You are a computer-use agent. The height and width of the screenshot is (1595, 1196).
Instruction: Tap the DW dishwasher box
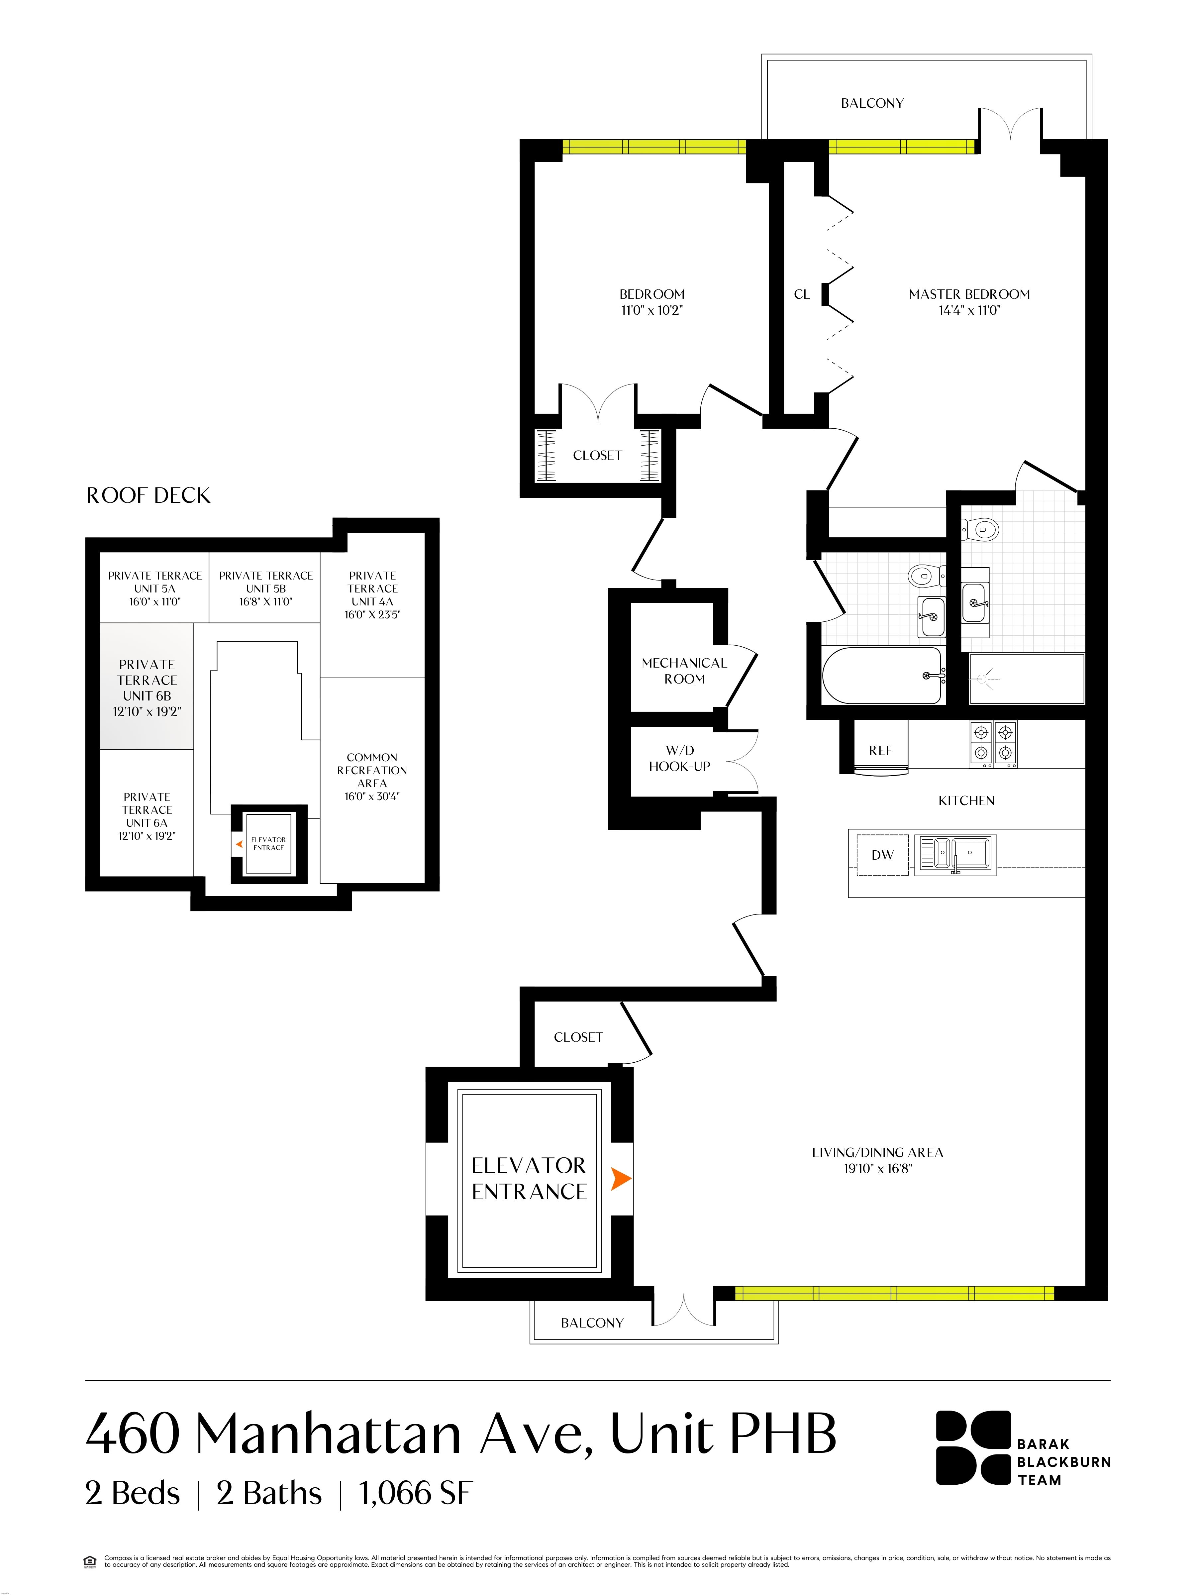tap(882, 855)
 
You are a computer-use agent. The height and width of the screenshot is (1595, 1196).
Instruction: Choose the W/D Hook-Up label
tap(679, 759)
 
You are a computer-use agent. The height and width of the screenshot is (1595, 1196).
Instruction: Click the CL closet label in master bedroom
tap(802, 294)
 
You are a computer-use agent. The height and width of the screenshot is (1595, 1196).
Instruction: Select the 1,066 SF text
tap(415, 1493)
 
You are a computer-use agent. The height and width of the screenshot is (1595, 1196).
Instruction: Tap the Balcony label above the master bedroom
tap(872, 103)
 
